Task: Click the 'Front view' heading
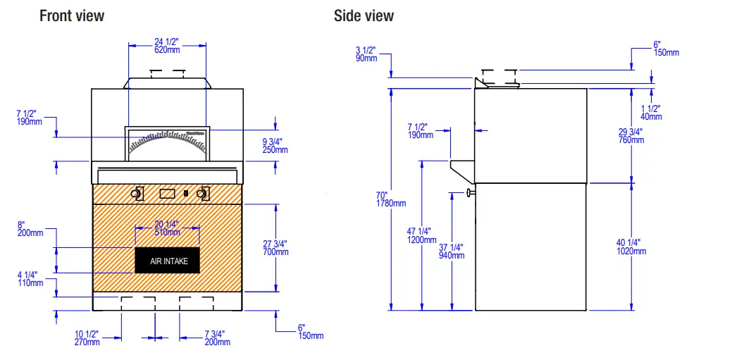click(71, 15)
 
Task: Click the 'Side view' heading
click(364, 15)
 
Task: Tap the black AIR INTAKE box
click(168, 261)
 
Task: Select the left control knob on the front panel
click(137, 193)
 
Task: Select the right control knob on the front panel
click(204, 193)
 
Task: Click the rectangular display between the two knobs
click(167, 193)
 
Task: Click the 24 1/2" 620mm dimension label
click(167, 45)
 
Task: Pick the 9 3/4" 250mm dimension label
click(275, 145)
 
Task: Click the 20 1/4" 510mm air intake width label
click(167, 228)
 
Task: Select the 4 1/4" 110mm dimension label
click(29, 279)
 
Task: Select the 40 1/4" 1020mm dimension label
click(631, 247)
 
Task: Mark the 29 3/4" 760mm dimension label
click(631, 136)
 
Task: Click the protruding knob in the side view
click(470, 192)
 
